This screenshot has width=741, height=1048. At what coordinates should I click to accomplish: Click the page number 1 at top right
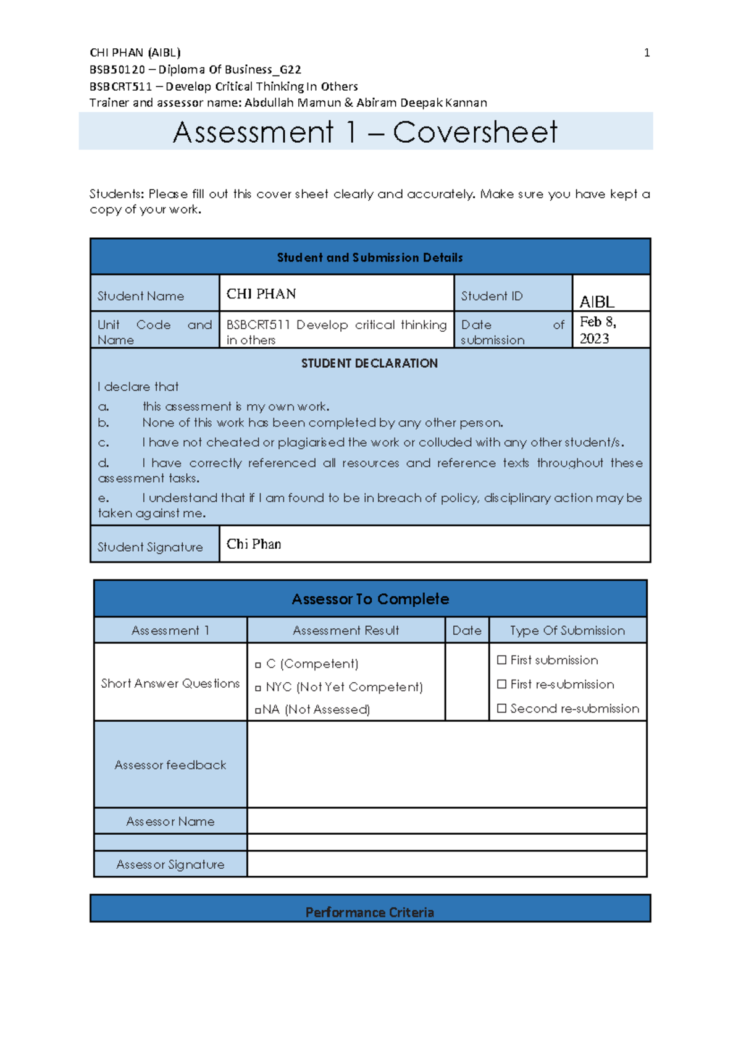tap(647, 53)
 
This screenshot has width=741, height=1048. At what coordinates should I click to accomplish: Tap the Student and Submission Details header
tap(369, 258)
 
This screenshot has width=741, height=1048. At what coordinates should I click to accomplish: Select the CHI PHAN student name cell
tap(261, 294)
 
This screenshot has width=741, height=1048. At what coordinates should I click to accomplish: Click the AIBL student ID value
tap(597, 302)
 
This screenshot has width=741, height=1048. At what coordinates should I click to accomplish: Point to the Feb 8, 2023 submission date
tap(597, 330)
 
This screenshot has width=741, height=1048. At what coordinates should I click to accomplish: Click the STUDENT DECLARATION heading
tap(369, 363)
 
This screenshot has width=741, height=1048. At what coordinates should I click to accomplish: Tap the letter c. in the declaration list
tap(104, 442)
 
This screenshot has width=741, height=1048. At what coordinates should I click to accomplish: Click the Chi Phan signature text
tap(254, 544)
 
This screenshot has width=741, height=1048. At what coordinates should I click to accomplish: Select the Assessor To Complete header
tap(370, 599)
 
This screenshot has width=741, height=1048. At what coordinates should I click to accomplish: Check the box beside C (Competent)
tap(258, 665)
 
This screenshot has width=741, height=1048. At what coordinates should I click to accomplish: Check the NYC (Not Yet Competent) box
tap(258, 688)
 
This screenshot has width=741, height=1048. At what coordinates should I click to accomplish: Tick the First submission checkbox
tap(501, 660)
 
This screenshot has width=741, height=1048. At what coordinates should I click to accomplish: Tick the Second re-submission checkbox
tap(501, 708)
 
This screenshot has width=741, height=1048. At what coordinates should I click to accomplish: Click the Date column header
tap(466, 630)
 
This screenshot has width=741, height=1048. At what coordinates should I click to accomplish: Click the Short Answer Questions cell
tap(170, 683)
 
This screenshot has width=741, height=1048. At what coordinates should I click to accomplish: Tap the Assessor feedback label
tap(170, 765)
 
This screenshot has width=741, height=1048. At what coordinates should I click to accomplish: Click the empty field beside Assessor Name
tap(446, 821)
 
